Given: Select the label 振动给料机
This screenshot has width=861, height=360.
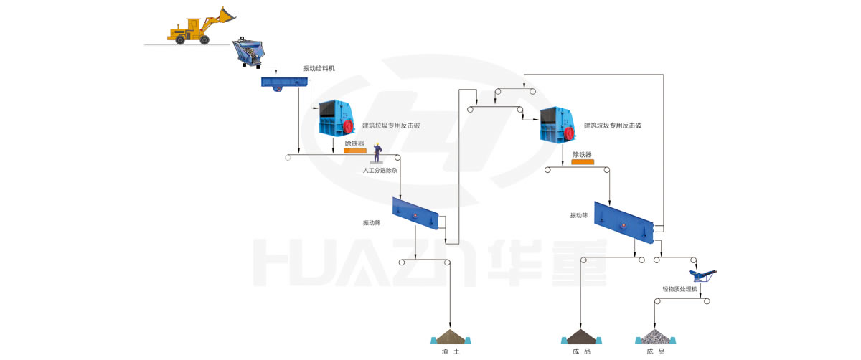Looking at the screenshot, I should click(319, 69).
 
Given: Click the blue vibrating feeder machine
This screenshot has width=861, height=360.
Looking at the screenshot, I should click(284, 82).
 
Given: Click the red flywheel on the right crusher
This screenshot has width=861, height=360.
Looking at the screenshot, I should click(570, 126).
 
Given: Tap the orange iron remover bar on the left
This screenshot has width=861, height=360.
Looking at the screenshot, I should click(354, 151).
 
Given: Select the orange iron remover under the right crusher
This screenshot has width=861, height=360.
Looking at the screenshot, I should click(582, 162).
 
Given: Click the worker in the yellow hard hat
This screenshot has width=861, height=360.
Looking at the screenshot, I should click(377, 153).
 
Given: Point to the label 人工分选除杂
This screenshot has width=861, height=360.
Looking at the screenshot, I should click(378, 171).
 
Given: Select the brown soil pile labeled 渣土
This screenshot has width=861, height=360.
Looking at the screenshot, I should click(449, 336).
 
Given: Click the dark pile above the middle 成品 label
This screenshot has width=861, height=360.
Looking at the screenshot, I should click(580, 336).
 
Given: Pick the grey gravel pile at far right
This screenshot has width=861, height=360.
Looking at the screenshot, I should click(654, 336).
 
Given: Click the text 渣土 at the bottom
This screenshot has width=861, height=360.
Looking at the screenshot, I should click(450, 351).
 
